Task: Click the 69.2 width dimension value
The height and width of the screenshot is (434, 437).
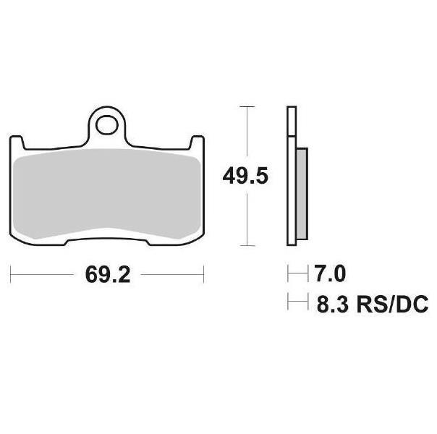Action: pyautogui.click(x=108, y=275)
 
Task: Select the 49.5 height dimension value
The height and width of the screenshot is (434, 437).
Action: pyautogui.click(x=245, y=176)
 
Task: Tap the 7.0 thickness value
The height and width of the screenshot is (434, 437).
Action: pyautogui.click(x=330, y=274)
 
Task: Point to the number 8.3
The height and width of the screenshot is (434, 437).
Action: pyautogui.click(x=333, y=305)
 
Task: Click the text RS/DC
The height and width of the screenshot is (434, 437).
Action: pyautogui.click(x=392, y=305)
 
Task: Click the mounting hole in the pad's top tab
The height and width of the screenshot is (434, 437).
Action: pyautogui.click(x=107, y=125)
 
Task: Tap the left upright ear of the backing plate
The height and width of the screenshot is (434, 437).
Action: pyautogui.click(x=16, y=142)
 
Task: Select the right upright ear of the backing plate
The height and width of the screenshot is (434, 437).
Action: pyautogui.click(x=198, y=142)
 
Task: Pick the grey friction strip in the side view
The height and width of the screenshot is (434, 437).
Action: pyautogui.click(x=302, y=194)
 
